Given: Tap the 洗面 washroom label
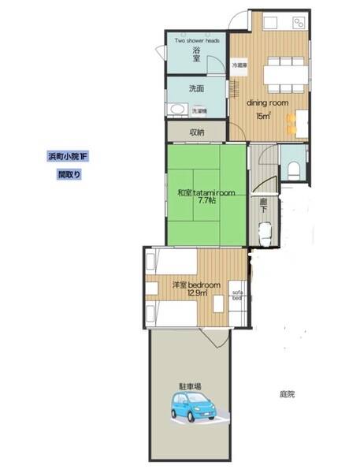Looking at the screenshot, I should click(x=196, y=88).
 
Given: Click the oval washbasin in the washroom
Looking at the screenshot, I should click(x=176, y=110).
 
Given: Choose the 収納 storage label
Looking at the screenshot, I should click(x=196, y=132).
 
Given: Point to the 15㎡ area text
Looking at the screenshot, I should click(x=263, y=117).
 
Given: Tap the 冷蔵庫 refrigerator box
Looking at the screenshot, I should click(x=239, y=66).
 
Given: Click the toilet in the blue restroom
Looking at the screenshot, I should click(x=294, y=168).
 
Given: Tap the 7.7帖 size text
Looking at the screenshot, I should click(x=207, y=202).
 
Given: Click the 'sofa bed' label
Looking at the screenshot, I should click(x=236, y=298).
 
